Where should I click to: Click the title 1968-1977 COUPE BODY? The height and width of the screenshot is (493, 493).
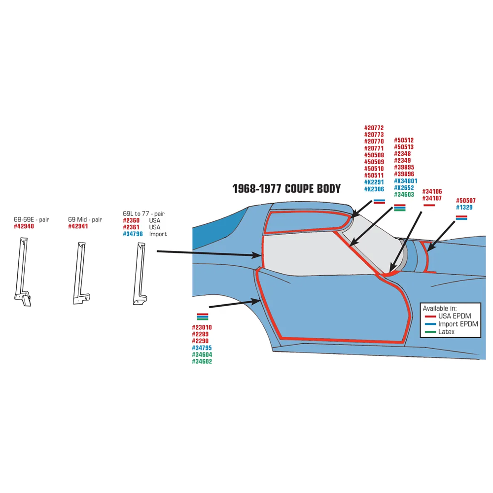pos(286,189)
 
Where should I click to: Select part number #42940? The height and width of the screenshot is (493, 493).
pos(24,226)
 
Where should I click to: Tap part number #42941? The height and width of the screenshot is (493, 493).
pos(78,226)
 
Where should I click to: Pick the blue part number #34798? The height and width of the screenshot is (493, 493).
pos(133,234)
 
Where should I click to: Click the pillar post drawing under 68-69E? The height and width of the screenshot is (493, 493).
pos(23,272)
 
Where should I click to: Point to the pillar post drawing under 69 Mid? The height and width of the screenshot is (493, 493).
pos(81,273)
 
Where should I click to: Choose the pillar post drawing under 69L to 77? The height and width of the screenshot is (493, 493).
pos(140,274)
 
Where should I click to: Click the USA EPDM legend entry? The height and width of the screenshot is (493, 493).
pos(448,316)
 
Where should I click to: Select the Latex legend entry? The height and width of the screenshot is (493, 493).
pos(440,332)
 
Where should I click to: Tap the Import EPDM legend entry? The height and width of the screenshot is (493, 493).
pos(452,324)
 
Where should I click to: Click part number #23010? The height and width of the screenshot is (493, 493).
pos(202,327)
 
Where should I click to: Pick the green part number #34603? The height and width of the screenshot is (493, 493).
pos(404,195)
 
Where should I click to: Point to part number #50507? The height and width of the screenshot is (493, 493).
pos(466,201)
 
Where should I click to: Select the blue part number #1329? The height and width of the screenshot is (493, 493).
pos(464,208)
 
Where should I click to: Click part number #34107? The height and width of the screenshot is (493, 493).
pos(432,198)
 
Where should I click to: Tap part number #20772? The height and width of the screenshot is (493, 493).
pos(374,128)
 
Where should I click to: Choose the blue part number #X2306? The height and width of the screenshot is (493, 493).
pos(374,189)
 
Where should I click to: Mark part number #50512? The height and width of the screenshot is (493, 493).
pos(404,140)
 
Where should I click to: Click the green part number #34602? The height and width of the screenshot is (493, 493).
pos(202,361)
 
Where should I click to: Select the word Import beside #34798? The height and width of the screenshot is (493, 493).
pos(158,234)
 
